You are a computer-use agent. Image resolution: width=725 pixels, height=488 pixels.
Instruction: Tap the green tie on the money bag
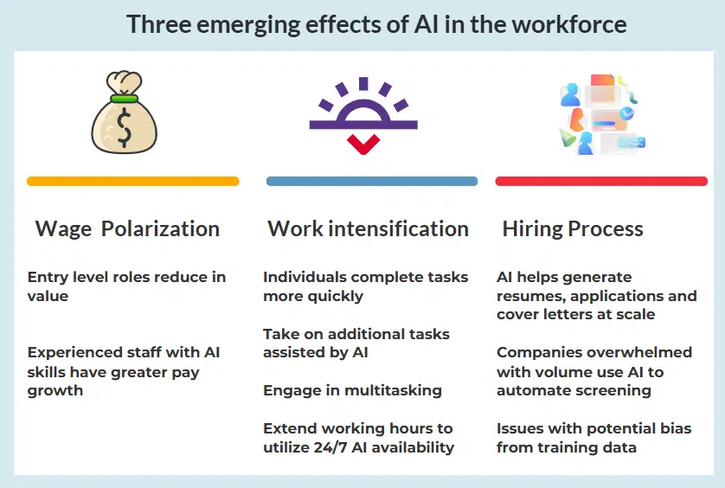[126, 98]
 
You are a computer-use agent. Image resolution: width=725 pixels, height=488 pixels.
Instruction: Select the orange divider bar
[132, 182]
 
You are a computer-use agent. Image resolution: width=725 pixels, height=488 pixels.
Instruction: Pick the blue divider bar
[372, 182]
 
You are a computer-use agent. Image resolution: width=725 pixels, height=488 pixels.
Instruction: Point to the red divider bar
[601, 182]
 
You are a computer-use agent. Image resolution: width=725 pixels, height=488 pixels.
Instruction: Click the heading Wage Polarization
[127, 229]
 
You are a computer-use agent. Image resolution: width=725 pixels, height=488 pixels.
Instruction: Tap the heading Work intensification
[368, 229]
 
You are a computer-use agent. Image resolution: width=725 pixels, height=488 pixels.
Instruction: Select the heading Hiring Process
[573, 229]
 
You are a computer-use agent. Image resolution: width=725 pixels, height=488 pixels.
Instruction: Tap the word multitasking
[393, 390]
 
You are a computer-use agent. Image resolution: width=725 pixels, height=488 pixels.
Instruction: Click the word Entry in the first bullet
[48, 277]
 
